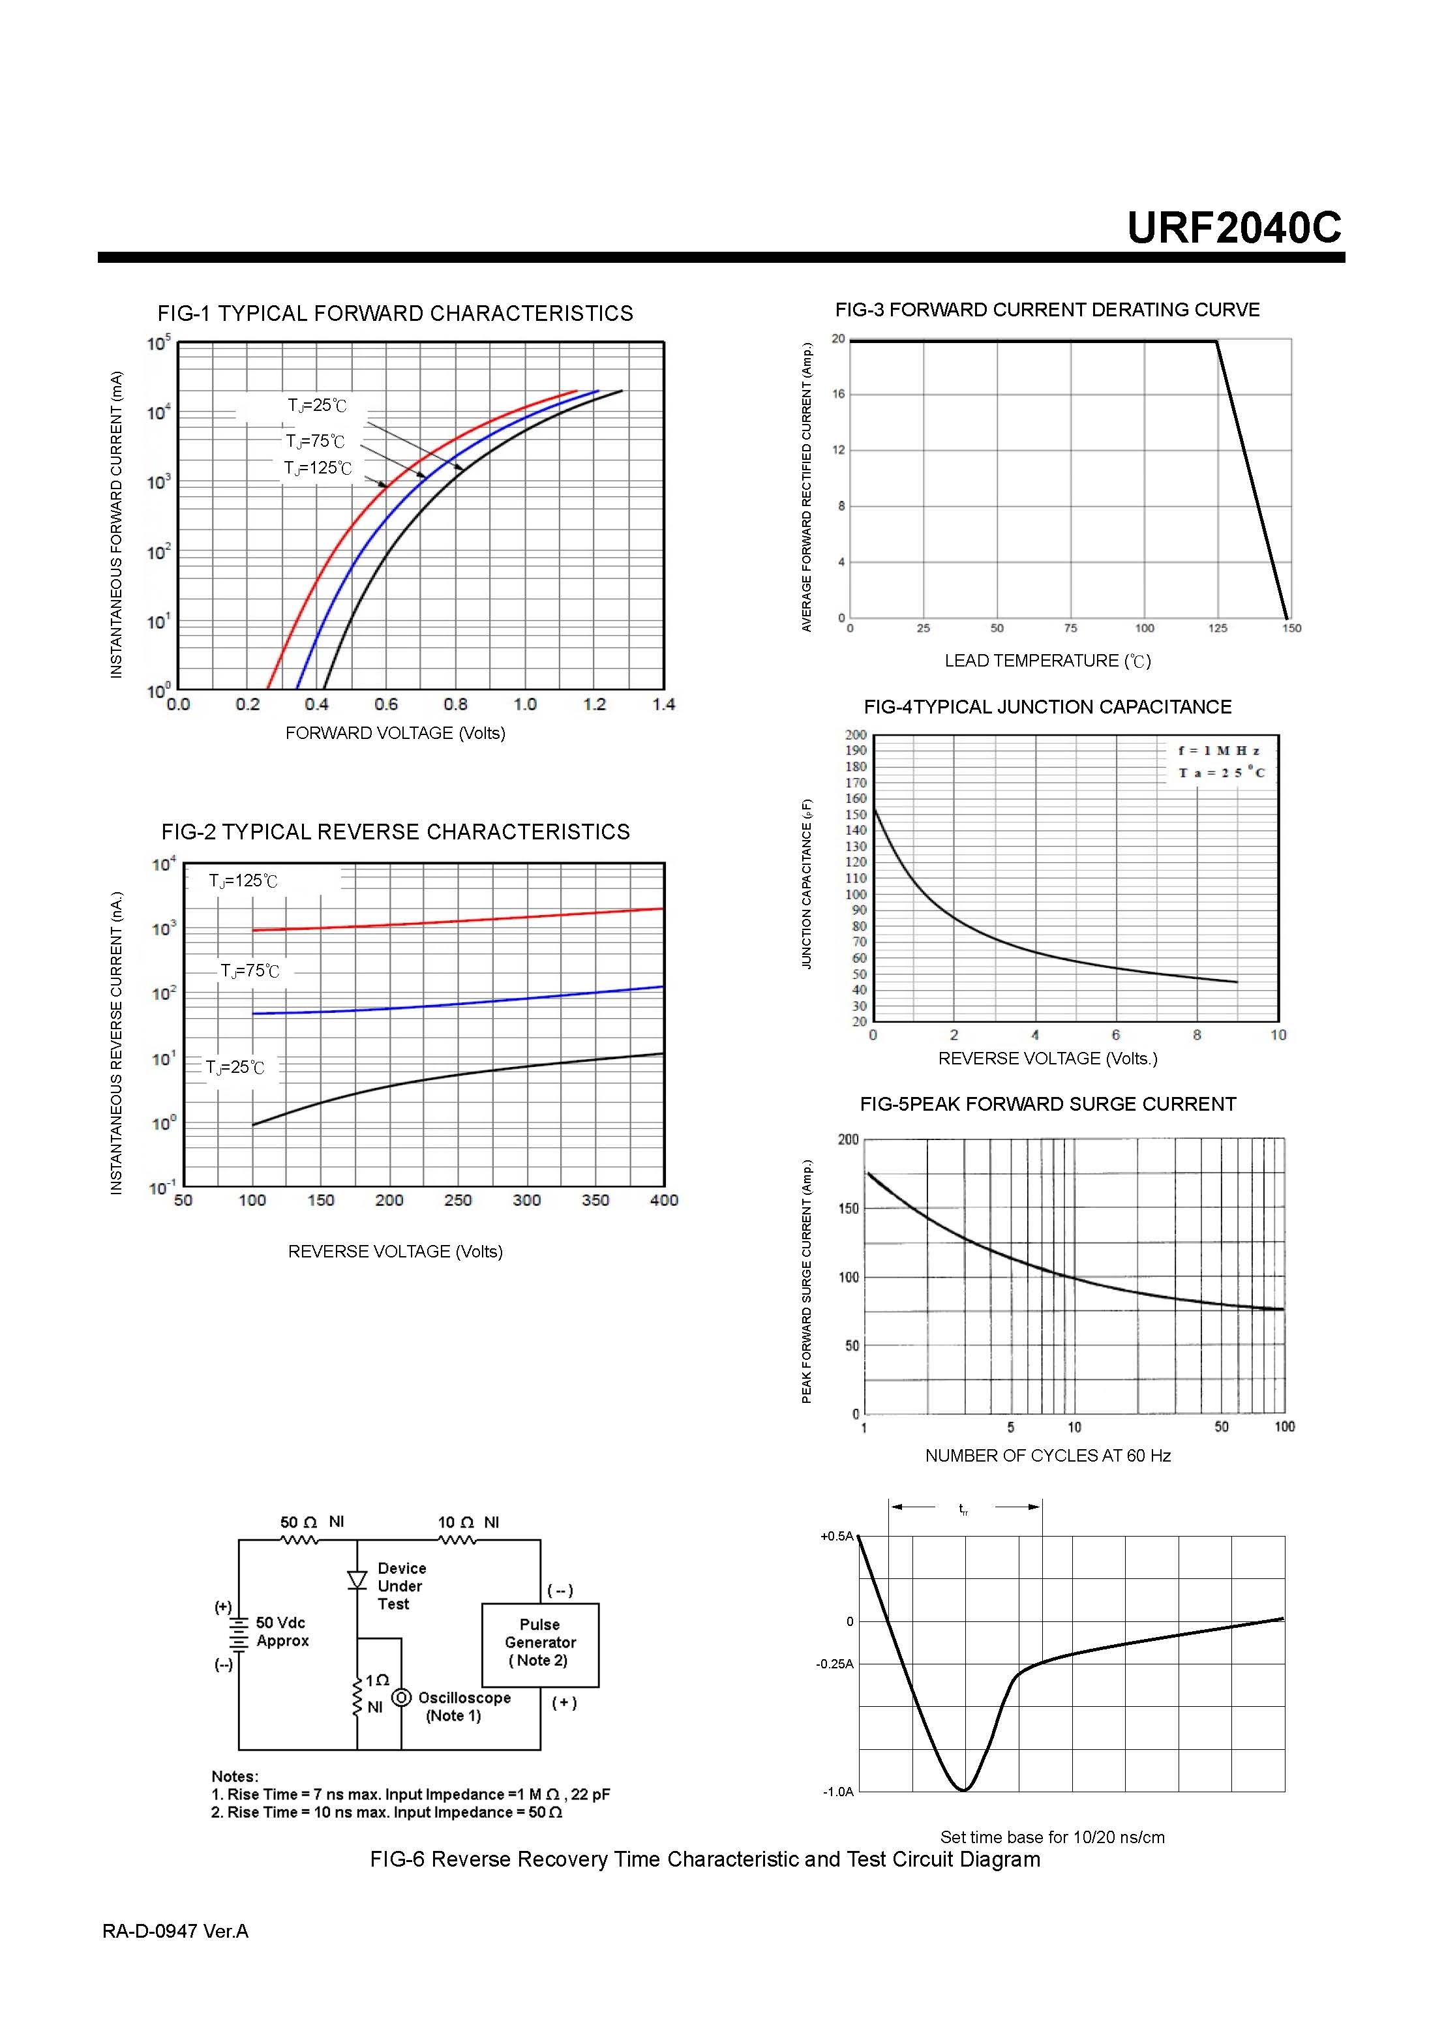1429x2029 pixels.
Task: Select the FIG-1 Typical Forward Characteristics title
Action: pos(395,314)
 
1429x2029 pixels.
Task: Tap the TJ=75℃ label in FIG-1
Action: pos(314,441)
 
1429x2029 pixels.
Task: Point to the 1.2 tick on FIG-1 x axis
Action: pos(595,704)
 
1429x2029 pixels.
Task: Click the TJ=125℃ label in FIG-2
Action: pos(243,881)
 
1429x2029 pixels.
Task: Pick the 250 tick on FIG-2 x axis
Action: pos(458,1200)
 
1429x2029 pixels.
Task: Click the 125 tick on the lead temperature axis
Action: pos(1218,628)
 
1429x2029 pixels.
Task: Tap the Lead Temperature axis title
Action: pos(1047,661)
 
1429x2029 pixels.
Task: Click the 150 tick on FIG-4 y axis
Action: pos(856,815)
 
